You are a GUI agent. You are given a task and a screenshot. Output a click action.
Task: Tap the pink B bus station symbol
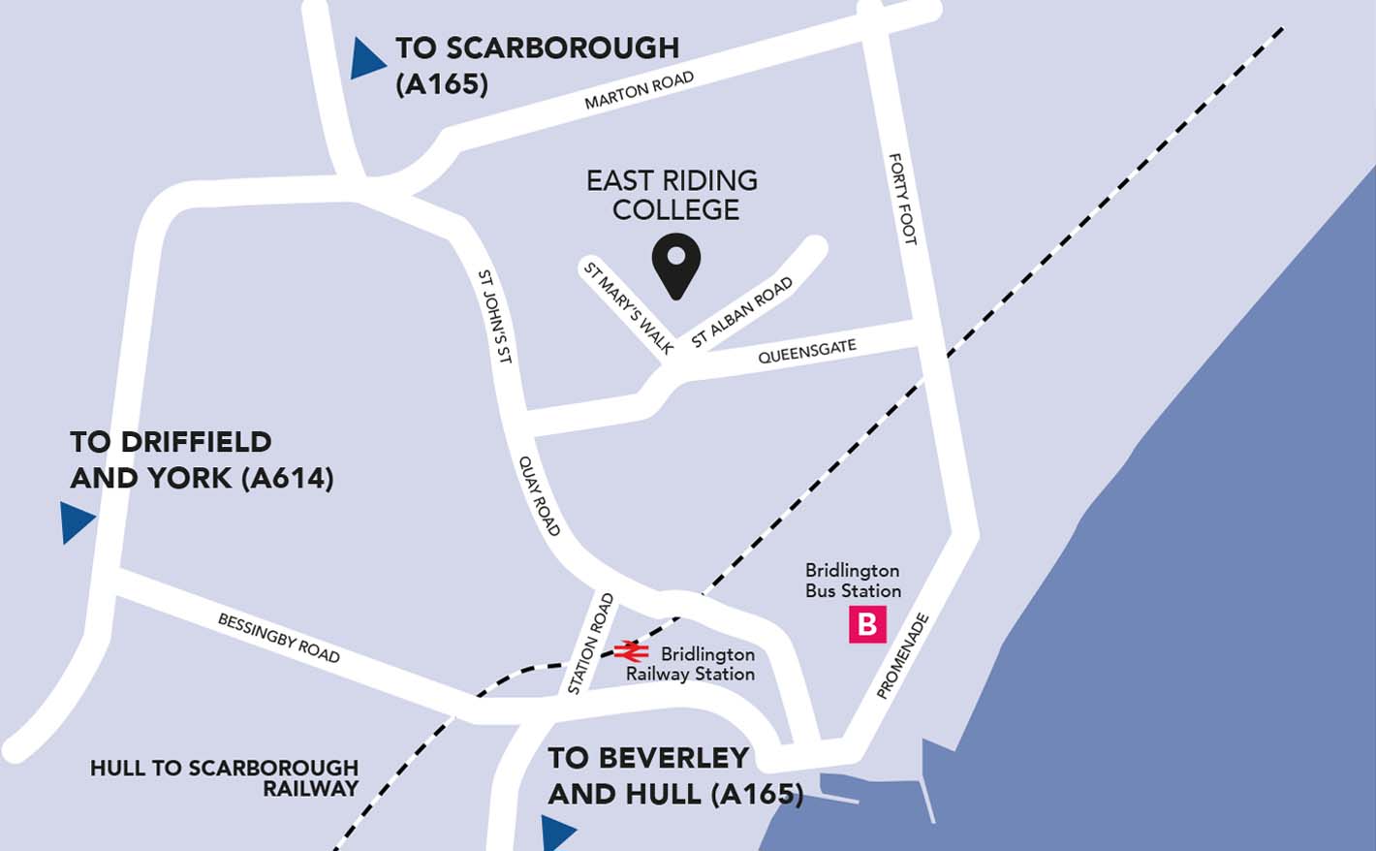(867, 625)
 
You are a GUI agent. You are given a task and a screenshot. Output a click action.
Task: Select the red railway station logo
(631, 650)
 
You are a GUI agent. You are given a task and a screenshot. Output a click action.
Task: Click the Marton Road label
(639, 91)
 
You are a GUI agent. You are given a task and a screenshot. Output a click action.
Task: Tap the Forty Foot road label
(902, 199)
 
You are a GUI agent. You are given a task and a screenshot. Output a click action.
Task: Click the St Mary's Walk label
(628, 307)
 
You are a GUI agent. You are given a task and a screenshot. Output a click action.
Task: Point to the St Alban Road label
(742, 312)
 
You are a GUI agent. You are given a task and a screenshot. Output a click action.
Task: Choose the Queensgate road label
(807, 351)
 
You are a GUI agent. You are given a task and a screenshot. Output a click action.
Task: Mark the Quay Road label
(540, 495)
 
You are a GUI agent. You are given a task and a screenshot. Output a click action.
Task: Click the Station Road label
(590, 644)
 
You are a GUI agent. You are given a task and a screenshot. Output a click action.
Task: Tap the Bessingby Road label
(279, 638)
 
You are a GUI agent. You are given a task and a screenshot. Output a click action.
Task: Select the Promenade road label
(902, 656)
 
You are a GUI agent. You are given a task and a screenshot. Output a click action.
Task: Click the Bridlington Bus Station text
(853, 581)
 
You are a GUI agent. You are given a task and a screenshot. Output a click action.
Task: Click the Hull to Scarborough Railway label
(225, 778)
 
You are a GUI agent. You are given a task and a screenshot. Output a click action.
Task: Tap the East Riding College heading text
(672, 195)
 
